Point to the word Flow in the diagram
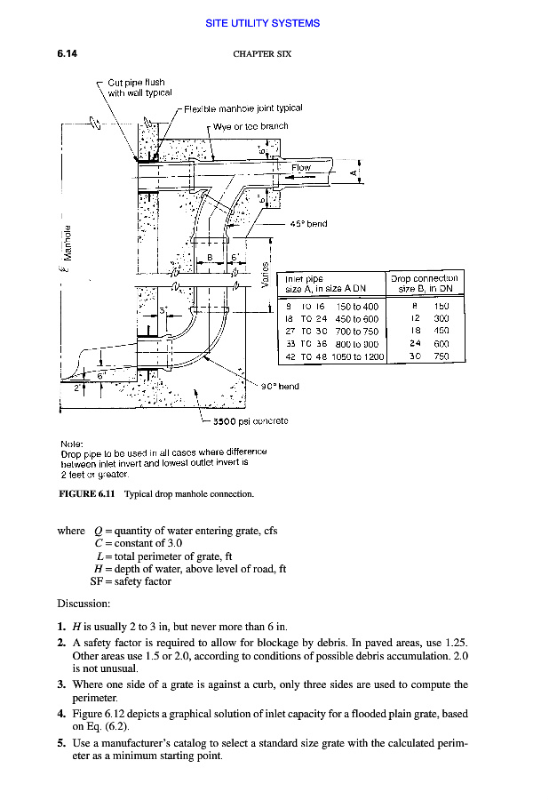(301, 167)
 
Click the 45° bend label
(310, 224)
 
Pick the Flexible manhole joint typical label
(243, 108)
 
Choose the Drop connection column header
(424, 284)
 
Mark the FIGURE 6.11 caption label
(87, 493)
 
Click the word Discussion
(83, 604)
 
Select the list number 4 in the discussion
(61, 713)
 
